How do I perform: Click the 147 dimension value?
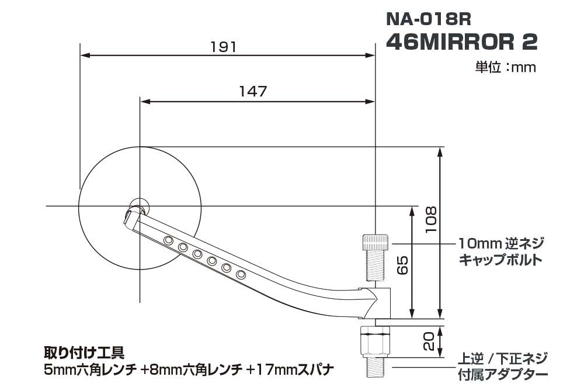(x=253, y=92)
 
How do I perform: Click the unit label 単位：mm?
(x=505, y=67)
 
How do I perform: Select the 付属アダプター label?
(x=503, y=374)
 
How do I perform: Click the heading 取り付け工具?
(x=84, y=353)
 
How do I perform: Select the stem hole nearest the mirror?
(x=168, y=240)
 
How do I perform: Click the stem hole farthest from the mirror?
(x=241, y=274)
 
